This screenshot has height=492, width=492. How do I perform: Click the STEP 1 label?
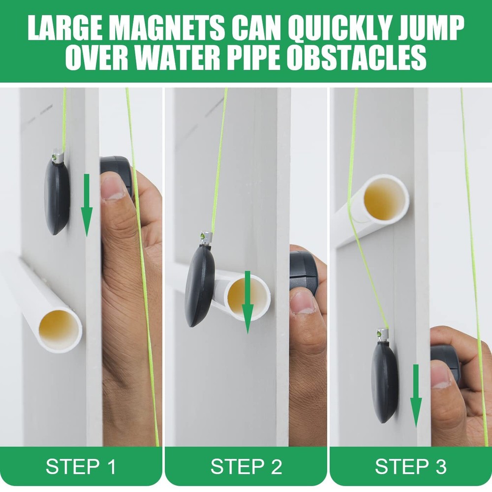(x=81, y=466)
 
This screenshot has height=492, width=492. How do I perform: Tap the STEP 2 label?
(x=246, y=466)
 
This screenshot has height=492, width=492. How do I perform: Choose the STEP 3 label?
(x=410, y=466)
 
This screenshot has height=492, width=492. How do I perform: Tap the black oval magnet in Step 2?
(x=199, y=285)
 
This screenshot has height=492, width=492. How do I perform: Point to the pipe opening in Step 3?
(x=383, y=199)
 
